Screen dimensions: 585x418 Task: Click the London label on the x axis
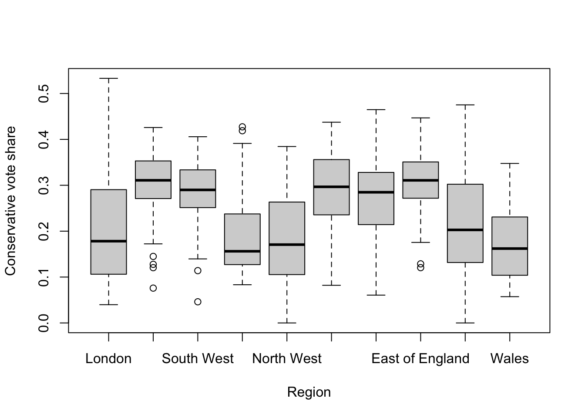[x=108, y=358]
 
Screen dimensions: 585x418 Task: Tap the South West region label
[x=198, y=358]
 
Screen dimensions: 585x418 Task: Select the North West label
[x=287, y=358]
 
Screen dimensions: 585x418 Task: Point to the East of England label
[x=420, y=358]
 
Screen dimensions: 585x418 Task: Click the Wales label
[x=510, y=358]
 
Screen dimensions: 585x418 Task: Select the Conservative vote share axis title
[x=10, y=201]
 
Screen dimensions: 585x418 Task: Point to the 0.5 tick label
[x=44, y=94]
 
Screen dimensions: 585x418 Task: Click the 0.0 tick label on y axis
[x=44, y=323]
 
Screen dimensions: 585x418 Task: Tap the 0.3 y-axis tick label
[x=44, y=185]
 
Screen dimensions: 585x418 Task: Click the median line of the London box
[x=109, y=241]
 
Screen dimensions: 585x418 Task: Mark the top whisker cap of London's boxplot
[x=109, y=78]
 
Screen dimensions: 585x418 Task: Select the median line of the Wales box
[x=510, y=249]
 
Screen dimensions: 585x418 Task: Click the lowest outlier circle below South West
[x=198, y=302]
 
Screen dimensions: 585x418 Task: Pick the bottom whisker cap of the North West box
[x=287, y=323]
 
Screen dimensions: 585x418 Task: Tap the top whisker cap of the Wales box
[x=510, y=164]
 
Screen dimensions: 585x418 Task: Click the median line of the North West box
[x=287, y=245]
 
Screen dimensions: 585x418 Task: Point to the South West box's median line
[x=198, y=190]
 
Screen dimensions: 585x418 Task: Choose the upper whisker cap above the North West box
[x=287, y=147]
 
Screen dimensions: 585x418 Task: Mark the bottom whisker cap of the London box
[x=109, y=305]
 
